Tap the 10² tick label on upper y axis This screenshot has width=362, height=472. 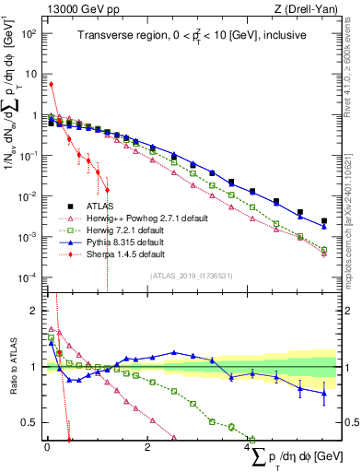tap(29, 33)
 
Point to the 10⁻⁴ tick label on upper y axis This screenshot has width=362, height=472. tap(29, 277)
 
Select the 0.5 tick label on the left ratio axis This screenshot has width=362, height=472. tap(32, 423)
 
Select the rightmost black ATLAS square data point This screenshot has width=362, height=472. tap(323, 221)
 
